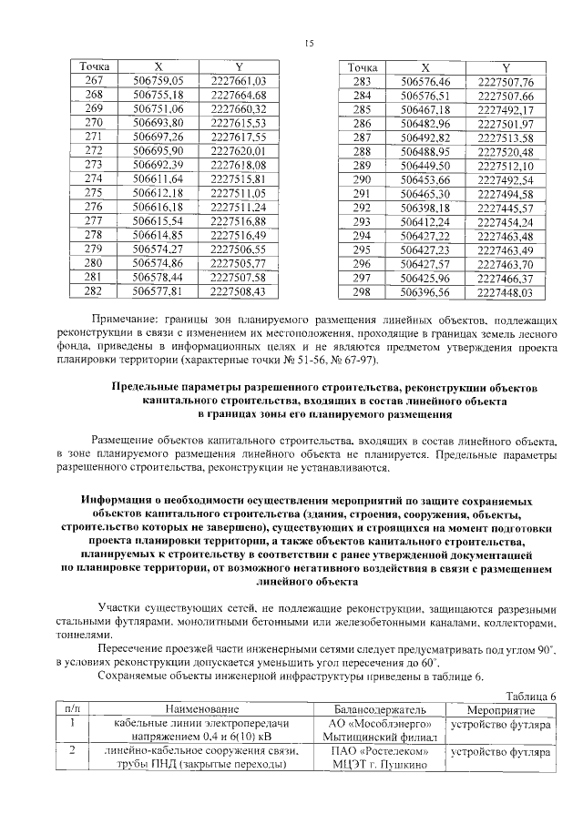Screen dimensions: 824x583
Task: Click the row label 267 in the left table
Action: pos(95,82)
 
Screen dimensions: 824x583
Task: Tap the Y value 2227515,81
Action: pos(238,180)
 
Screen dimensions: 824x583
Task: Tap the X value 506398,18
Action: pos(425,208)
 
